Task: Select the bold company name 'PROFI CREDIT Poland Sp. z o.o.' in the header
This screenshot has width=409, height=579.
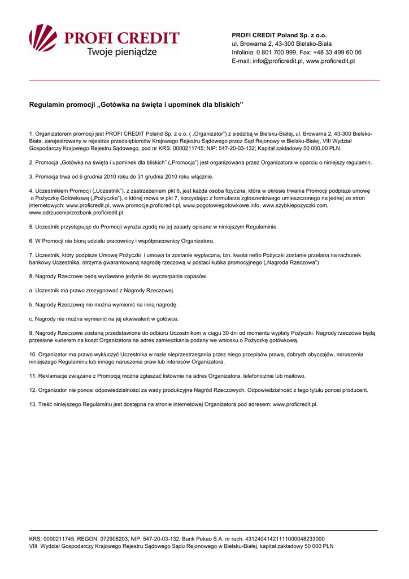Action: [279, 35]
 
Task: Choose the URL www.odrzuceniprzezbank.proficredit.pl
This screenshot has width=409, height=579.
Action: [77, 213]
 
